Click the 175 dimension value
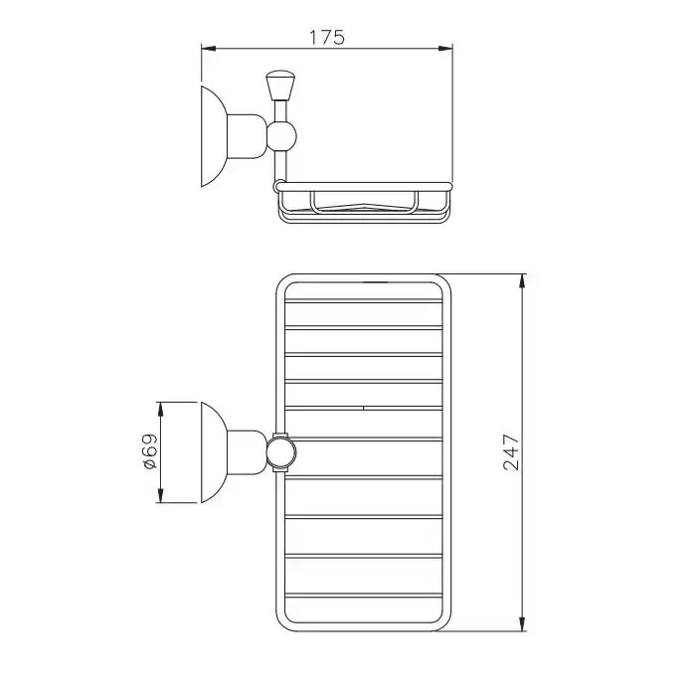pyautogui.click(x=327, y=38)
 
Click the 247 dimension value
pyautogui.click(x=511, y=451)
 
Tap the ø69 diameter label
pyautogui.click(x=150, y=451)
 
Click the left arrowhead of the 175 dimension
pyautogui.click(x=209, y=49)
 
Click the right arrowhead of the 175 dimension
pyautogui.click(x=445, y=49)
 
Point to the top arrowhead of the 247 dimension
pyautogui.click(x=522, y=281)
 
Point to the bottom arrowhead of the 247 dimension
pyautogui.click(x=522, y=623)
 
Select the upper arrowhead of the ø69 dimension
pyautogui.click(x=161, y=410)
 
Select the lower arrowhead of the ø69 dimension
pyautogui.click(x=161, y=496)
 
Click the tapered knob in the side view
pyautogui.click(x=281, y=86)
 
